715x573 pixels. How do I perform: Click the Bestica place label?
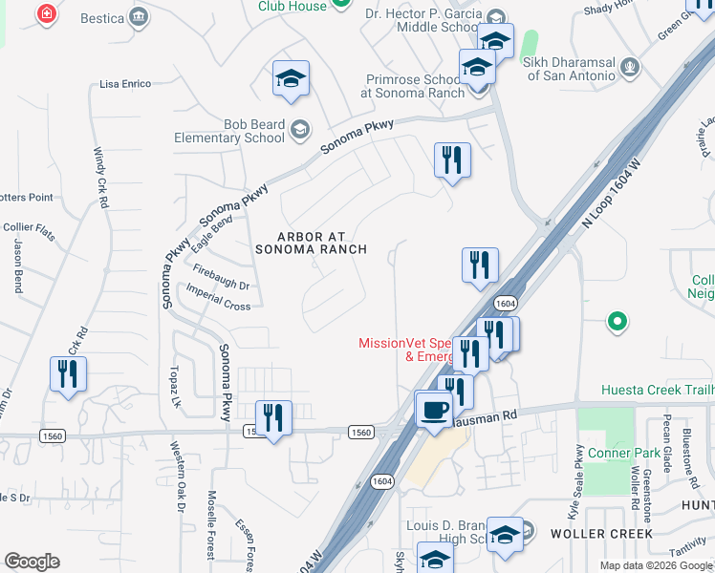click(102, 18)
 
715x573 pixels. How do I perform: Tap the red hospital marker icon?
click(45, 13)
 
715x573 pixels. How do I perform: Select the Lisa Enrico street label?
click(125, 84)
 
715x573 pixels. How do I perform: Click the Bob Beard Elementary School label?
click(228, 131)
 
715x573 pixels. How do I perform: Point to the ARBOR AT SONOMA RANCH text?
click(311, 243)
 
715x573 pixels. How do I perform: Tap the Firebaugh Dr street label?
click(221, 280)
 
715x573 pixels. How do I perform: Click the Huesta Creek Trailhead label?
click(658, 390)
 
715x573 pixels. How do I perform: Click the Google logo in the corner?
click(32, 562)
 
